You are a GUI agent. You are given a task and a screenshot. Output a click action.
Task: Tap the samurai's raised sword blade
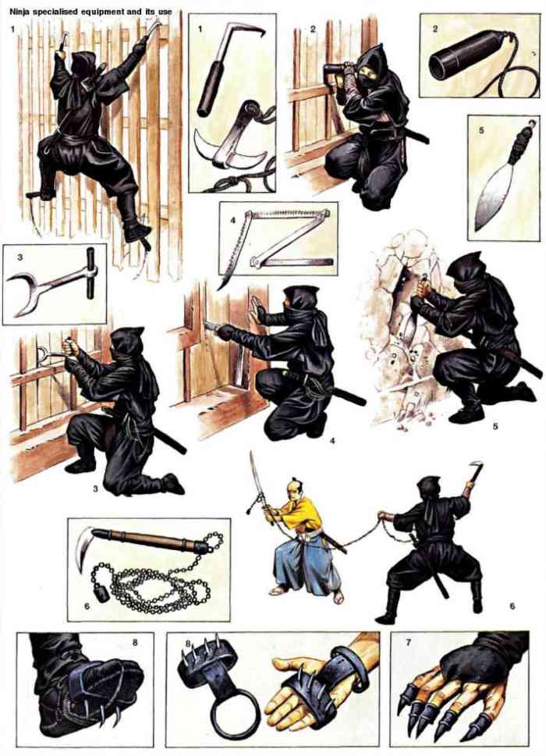click(254, 476)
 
